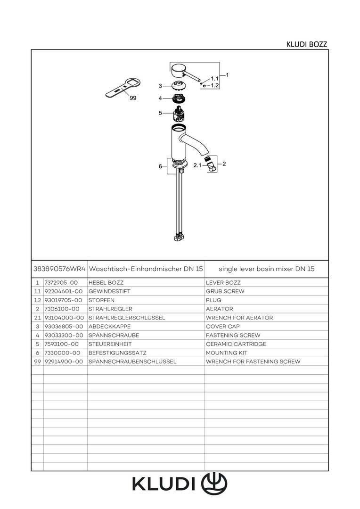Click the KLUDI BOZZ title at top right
(x=306, y=44)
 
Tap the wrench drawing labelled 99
(x=118, y=89)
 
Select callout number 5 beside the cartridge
(x=160, y=113)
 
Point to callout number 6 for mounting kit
(x=160, y=166)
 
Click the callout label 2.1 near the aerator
(x=197, y=165)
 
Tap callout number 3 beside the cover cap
(x=160, y=86)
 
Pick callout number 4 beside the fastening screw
(x=160, y=99)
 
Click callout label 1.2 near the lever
(x=214, y=86)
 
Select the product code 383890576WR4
(x=59, y=269)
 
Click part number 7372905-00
(x=61, y=283)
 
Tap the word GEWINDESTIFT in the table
(x=109, y=292)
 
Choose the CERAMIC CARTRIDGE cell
(x=236, y=344)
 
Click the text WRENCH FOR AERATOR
(x=239, y=318)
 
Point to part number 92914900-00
(x=64, y=361)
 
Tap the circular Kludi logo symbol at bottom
(x=214, y=484)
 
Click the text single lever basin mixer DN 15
(x=267, y=269)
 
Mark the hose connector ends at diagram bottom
(x=178, y=237)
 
